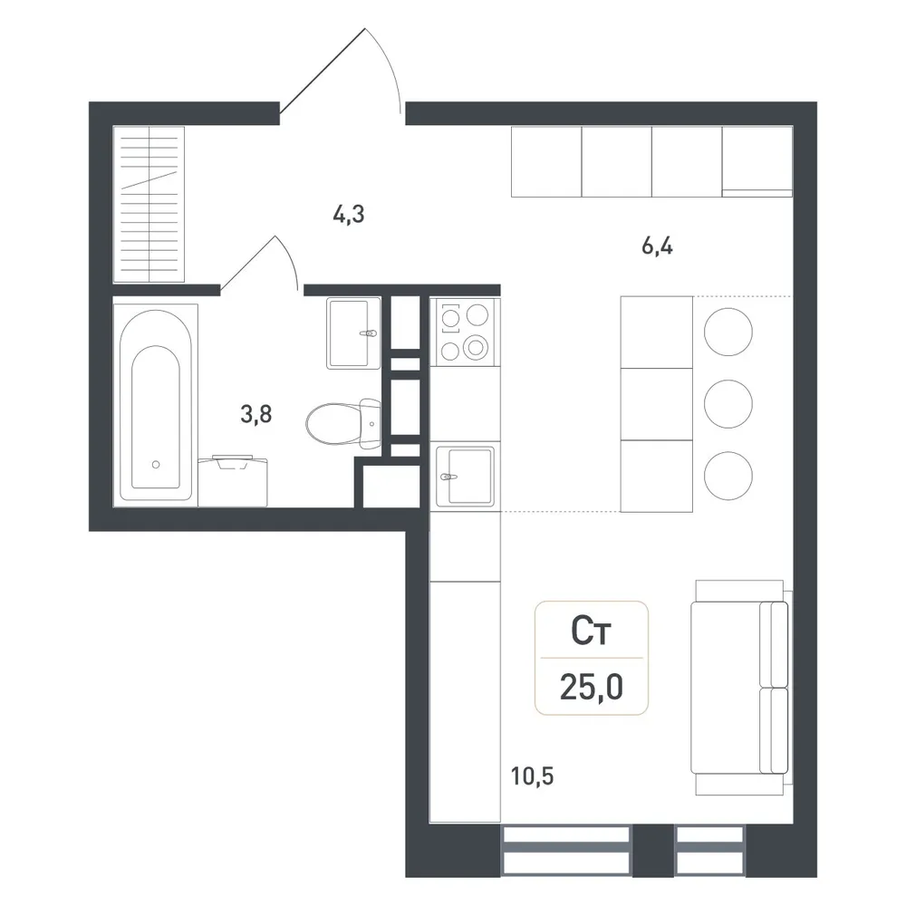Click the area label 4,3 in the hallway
coord(349,215)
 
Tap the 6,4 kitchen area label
coord(657,246)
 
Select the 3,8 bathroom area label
coord(256,414)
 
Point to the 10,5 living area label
coord(532,776)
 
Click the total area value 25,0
coord(591,687)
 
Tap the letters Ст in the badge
coord(591,631)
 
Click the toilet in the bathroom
coord(343,423)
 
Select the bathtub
coord(156,405)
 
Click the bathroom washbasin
coord(353,333)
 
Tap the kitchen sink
coord(465,477)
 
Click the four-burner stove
coord(465,332)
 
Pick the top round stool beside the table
coord(728,332)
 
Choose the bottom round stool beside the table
coord(728,476)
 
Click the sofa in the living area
coord(740,688)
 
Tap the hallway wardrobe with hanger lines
coord(149,205)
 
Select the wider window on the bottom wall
coord(566,850)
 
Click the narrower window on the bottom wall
coord(709,850)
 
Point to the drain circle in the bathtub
coord(156,464)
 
